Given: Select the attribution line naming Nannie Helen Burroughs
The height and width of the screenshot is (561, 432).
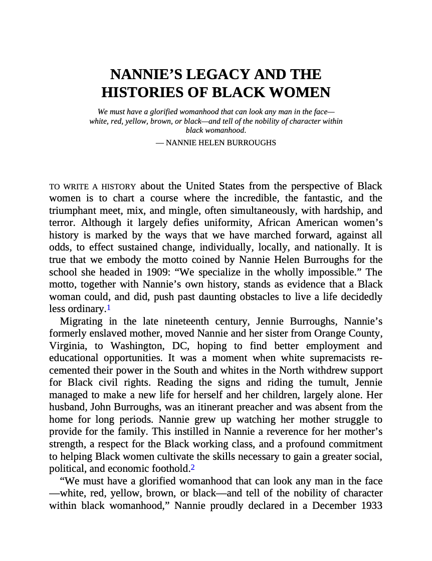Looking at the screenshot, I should tap(216, 143).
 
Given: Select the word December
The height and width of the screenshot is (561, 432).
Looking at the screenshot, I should tap(331, 505).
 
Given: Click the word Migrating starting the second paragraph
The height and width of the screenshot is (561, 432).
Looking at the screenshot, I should tap(80, 321).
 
